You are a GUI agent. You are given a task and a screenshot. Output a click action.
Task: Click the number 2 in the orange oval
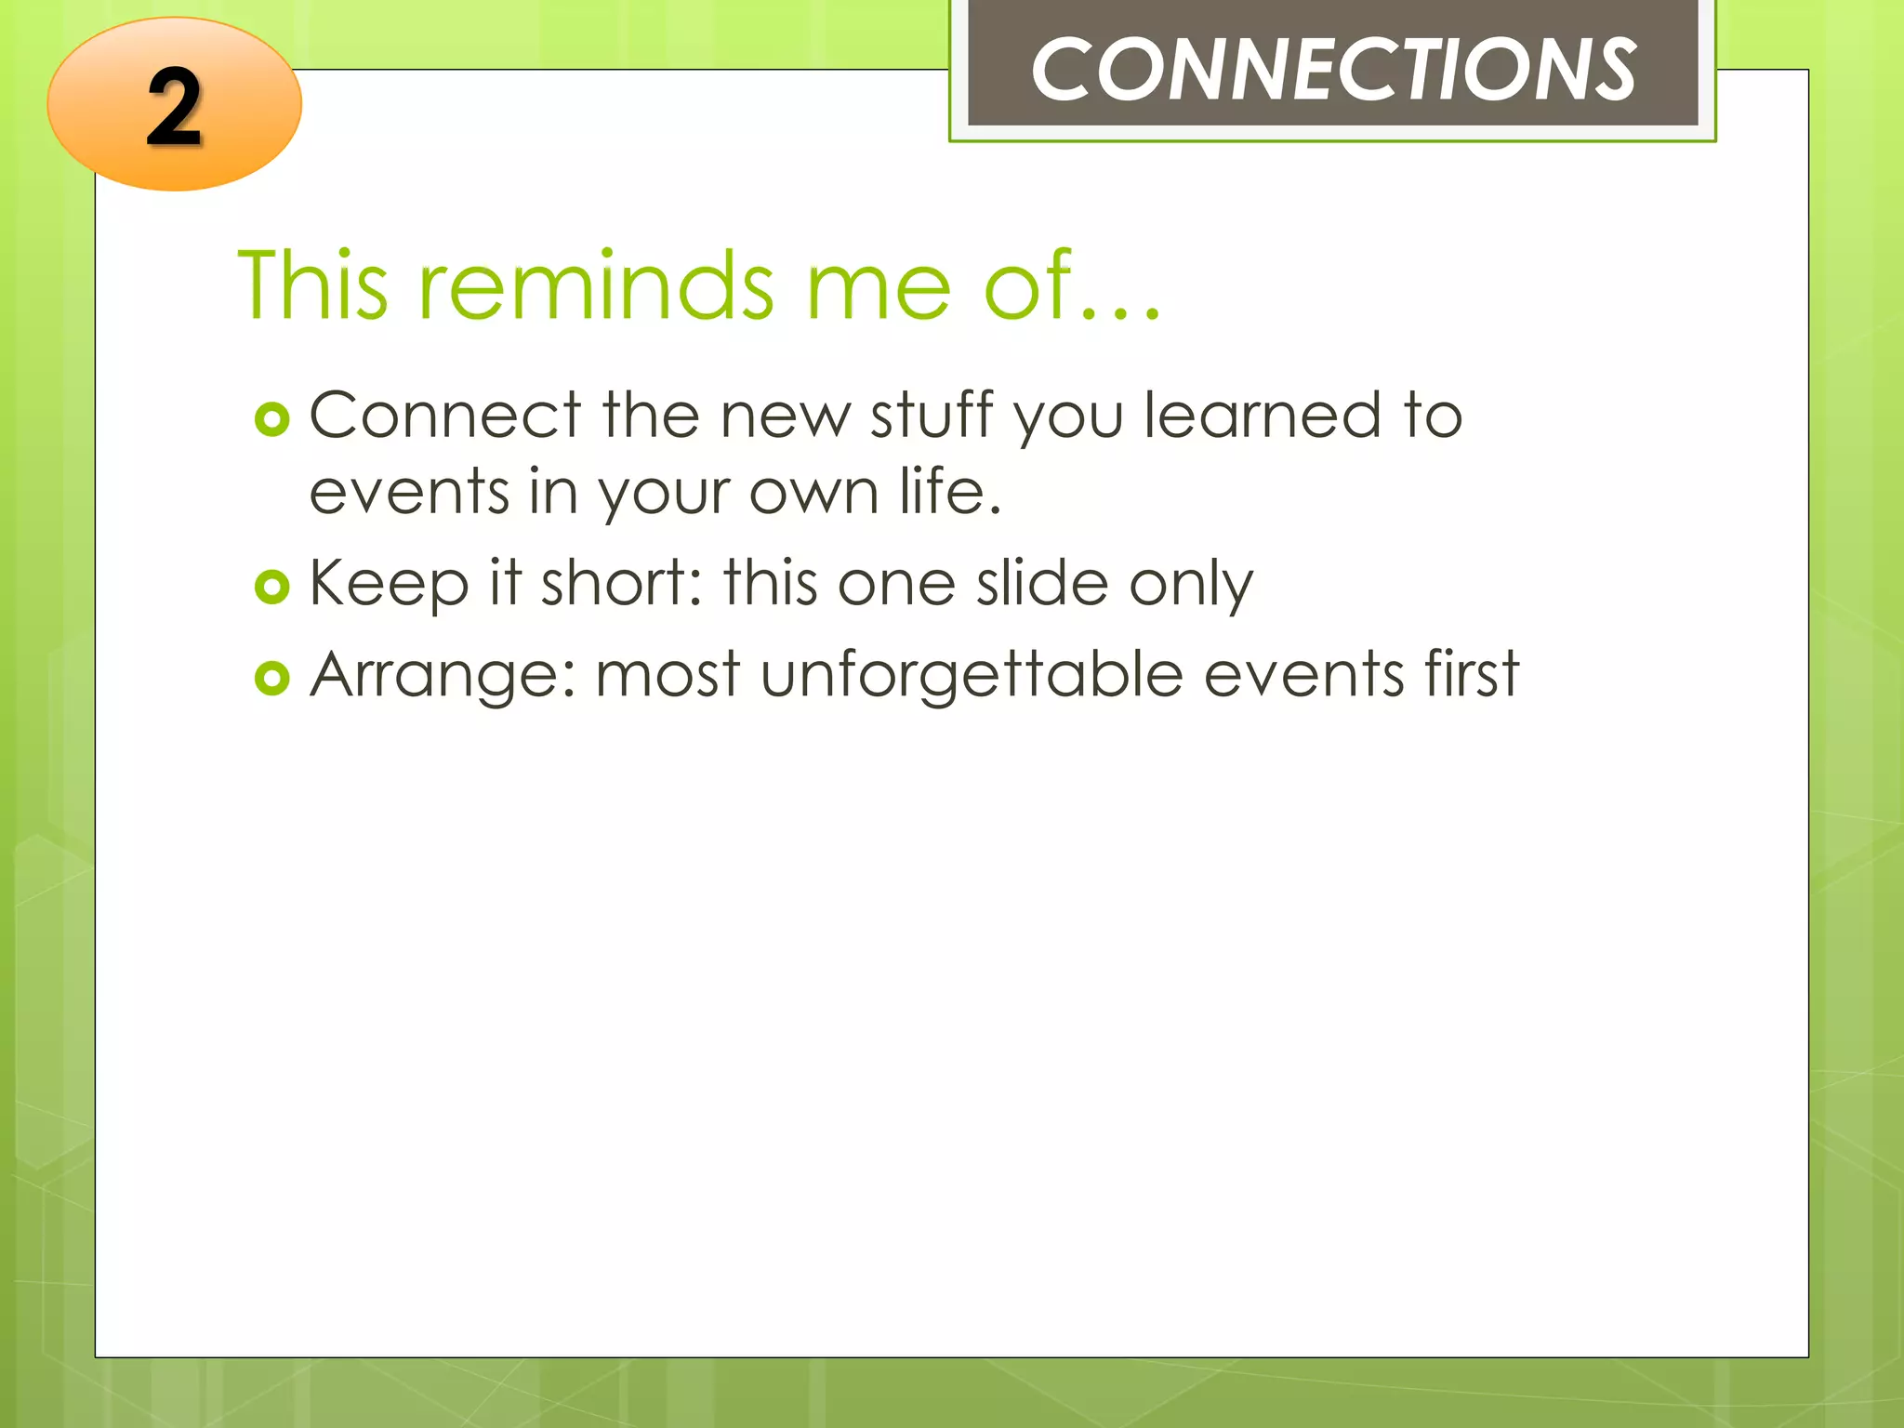(174, 109)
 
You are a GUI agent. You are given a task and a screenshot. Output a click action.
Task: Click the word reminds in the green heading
(595, 285)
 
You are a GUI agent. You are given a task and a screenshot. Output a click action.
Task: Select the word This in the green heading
(312, 285)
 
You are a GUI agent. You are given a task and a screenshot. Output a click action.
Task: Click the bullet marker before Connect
(271, 420)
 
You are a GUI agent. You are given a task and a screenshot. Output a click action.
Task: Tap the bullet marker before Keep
(271, 588)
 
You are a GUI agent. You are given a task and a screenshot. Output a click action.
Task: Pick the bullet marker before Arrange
(271, 679)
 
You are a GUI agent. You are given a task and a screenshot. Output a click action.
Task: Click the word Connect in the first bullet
(444, 416)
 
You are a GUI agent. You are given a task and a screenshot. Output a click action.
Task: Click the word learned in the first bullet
(1262, 416)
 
